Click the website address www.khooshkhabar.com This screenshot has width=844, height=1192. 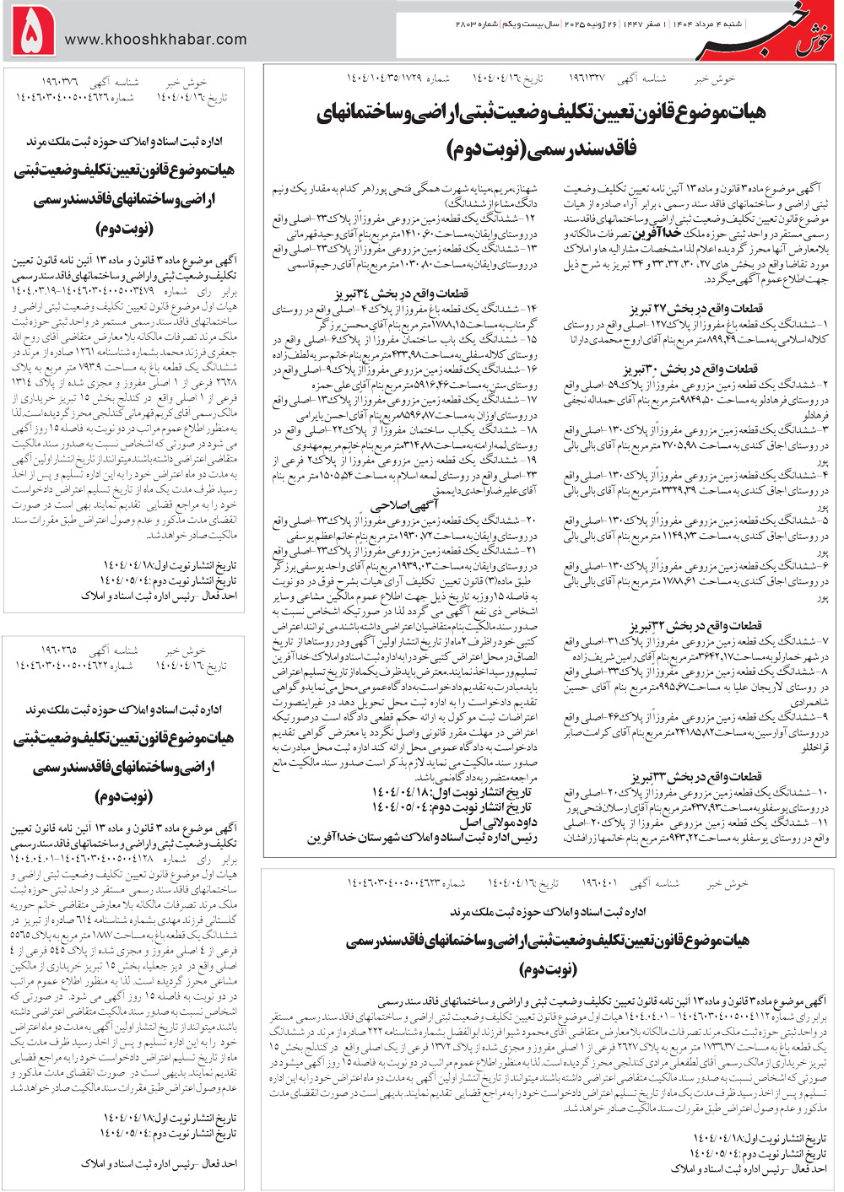coord(155,39)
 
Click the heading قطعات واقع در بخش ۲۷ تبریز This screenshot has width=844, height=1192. coord(695,309)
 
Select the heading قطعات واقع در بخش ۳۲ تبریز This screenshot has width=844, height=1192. coord(695,626)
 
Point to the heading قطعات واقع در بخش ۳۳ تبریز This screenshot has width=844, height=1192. coord(695,777)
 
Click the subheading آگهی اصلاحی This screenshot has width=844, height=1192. coord(406,505)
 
